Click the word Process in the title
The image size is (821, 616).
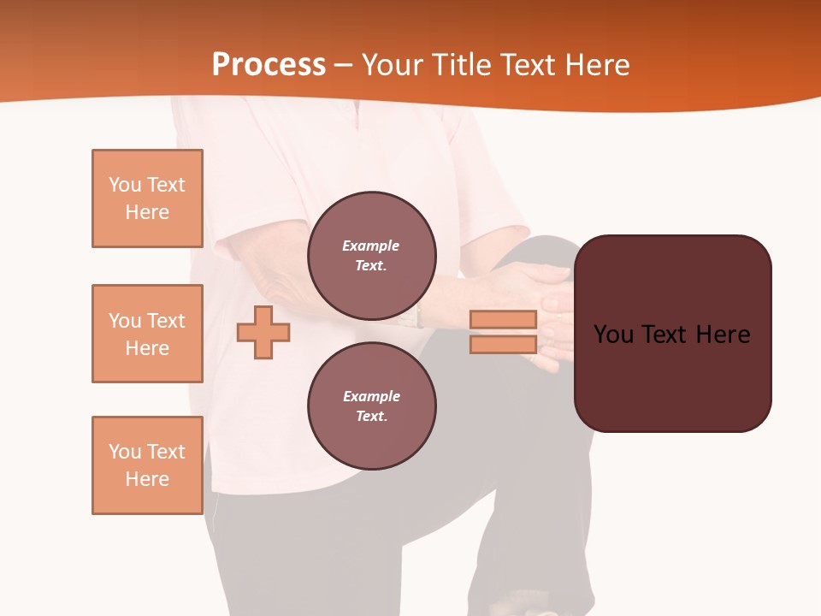(x=269, y=65)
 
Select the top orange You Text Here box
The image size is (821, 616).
(x=147, y=198)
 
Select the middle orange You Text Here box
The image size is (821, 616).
(x=147, y=334)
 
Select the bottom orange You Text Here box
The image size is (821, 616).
(x=147, y=465)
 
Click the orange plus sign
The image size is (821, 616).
(x=263, y=332)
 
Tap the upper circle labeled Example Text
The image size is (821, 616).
(x=372, y=256)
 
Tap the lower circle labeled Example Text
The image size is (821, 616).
(x=372, y=406)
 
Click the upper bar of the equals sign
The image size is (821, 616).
(x=503, y=319)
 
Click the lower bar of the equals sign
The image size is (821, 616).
(x=503, y=345)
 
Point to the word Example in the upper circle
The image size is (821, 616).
(x=371, y=246)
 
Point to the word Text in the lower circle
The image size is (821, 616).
(x=370, y=417)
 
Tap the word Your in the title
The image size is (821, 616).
(x=388, y=65)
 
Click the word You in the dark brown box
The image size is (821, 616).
(x=613, y=335)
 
